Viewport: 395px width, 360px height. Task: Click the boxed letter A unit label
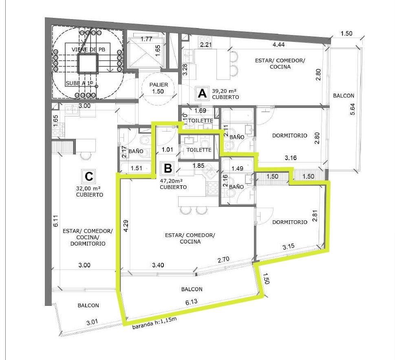202,94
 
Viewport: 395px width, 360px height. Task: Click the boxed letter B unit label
168,168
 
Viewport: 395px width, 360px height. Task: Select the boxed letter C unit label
89,176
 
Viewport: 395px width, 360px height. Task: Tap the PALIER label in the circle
159,85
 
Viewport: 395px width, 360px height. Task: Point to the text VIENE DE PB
88,49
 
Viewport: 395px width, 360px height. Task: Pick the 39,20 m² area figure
224,91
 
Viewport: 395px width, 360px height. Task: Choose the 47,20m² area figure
171,181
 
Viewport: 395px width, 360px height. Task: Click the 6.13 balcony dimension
192,302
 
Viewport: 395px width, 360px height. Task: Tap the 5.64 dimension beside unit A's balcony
353,109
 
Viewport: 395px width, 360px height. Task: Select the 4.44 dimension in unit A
278,44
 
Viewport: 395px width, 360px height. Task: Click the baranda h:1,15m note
154,323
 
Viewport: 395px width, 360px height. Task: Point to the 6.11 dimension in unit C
56,221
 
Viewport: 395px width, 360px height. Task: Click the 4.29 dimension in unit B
126,226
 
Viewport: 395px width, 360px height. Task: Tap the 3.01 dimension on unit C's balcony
92,322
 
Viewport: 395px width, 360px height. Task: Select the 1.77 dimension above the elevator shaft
146,39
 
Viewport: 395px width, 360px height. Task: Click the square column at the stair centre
87,63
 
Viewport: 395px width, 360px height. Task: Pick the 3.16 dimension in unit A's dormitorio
291,158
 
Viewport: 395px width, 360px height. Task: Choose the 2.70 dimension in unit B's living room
223,259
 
